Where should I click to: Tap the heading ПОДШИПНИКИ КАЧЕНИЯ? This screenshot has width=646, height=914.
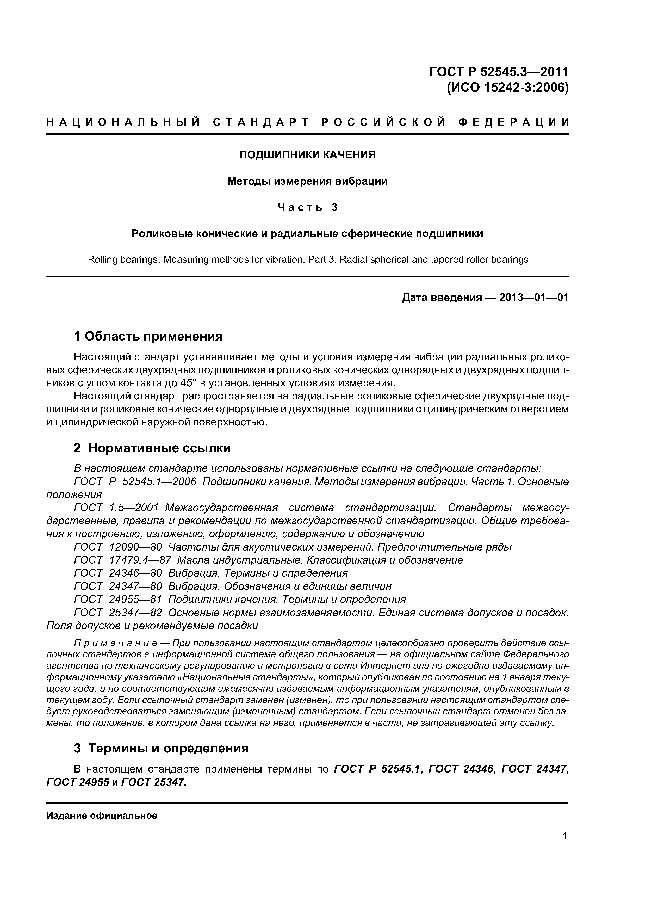tap(307, 155)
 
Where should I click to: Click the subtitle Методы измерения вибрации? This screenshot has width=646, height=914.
tap(307, 182)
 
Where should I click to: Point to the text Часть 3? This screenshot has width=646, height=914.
tap(307, 207)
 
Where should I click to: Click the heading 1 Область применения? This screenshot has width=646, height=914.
tap(148, 336)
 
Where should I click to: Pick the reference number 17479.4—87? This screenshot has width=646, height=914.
tap(140, 560)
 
